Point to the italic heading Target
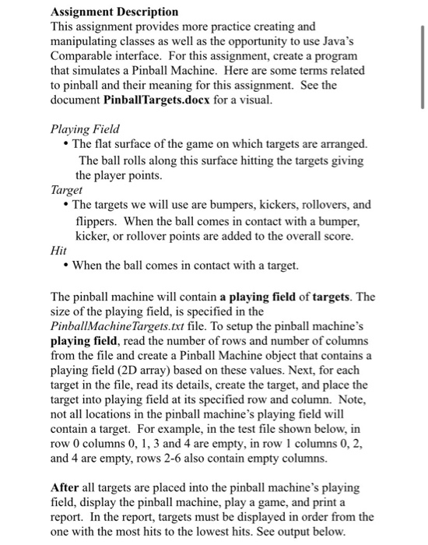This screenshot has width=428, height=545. (x=66, y=190)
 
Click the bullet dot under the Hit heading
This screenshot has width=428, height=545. (x=65, y=265)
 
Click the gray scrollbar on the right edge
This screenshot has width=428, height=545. (x=422, y=62)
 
